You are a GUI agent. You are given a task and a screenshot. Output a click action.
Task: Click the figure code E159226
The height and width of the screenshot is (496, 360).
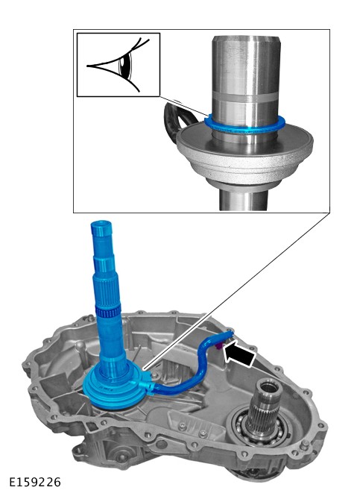pos(35,482)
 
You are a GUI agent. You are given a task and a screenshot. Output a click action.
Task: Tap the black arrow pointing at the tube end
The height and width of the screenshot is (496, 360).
pos(239,355)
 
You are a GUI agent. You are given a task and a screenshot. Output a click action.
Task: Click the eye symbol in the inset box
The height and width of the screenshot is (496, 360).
pos(119,65)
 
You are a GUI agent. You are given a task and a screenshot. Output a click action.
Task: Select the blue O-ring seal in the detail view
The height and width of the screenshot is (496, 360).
pos(244,126)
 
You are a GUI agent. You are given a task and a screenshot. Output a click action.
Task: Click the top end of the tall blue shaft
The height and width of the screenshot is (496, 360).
pos(101,224)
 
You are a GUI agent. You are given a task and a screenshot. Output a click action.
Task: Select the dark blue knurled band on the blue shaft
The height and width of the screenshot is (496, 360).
pos(108,312)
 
